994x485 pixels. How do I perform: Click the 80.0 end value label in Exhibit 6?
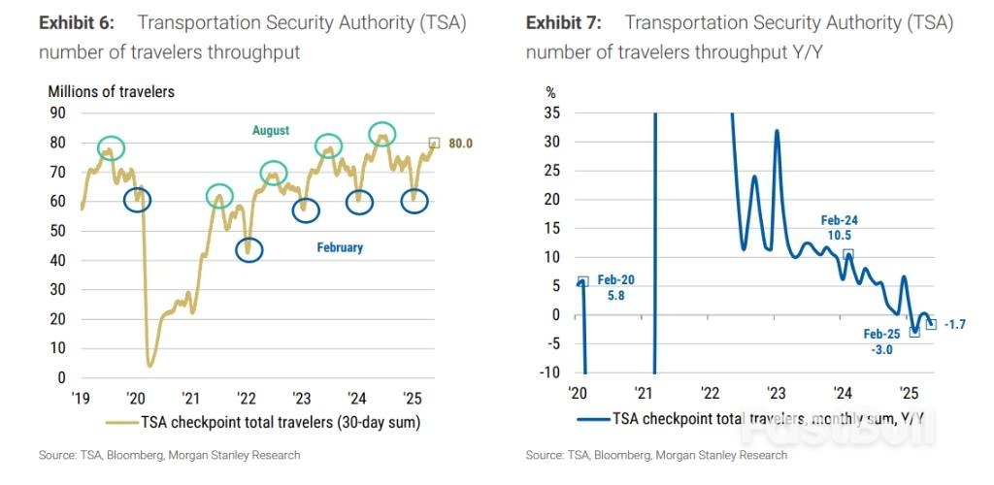click(x=458, y=145)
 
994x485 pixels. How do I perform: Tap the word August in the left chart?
click(x=271, y=131)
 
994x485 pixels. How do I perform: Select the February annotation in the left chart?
click(x=340, y=247)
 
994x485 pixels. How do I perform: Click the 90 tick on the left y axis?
click(x=57, y=113)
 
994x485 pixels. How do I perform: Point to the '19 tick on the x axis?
click(x=81, y=398)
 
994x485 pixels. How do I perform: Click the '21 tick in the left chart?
click(x=191, y=398)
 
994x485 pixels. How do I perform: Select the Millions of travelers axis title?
click(x=112, y=92)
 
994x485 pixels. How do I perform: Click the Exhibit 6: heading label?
click(x=74, y=22)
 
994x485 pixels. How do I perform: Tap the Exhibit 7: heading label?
click(x=561, y=22)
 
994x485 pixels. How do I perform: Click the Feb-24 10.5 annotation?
click(x=839, y=228)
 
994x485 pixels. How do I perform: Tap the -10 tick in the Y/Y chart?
click(x=549, y=372)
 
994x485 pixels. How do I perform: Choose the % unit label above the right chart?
click(x=550, y=93)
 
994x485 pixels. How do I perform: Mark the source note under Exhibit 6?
click(x=170, y=455)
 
